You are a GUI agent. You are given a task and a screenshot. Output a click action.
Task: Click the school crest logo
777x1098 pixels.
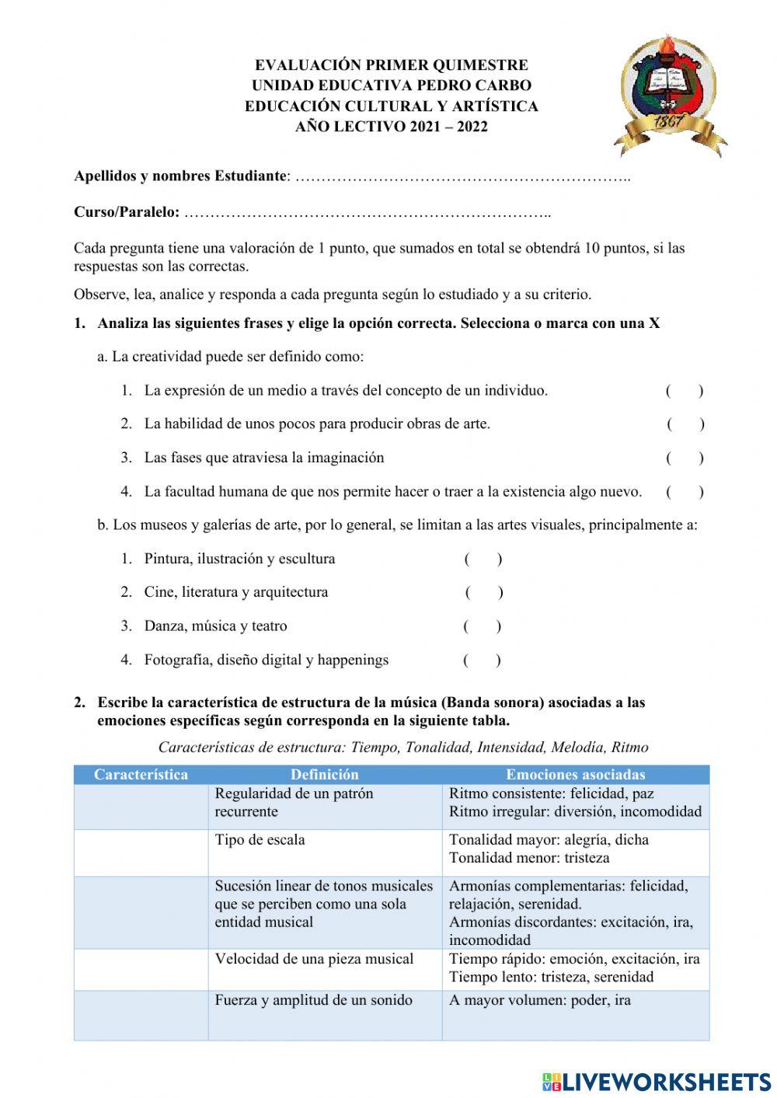tap(670, 95)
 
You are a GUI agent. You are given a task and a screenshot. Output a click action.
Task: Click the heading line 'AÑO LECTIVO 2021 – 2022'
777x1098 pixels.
tap(392, 127)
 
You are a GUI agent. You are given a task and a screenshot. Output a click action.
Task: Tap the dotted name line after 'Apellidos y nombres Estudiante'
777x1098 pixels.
tap(463, 176)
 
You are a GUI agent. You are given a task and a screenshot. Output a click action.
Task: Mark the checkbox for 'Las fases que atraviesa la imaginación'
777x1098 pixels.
tap(685, 458)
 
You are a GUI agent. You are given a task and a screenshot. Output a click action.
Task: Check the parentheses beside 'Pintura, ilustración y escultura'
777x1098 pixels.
tap(483, 559)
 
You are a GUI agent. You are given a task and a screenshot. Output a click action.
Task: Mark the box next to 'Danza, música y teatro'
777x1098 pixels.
tap(483, 626)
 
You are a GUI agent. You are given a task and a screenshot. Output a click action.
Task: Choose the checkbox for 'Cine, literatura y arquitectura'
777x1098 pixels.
tap(484, 593)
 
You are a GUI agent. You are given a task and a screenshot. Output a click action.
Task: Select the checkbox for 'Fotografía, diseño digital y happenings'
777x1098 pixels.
tap(483, 661)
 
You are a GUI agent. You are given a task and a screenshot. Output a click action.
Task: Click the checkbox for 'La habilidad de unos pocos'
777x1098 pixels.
tap(685, 424)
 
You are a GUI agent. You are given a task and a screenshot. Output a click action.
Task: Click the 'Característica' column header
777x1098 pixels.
tap(141, 775)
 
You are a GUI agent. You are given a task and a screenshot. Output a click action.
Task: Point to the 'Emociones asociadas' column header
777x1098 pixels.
tap(575, 775)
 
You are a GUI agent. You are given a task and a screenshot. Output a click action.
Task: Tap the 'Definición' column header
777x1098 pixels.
tap(325, 775)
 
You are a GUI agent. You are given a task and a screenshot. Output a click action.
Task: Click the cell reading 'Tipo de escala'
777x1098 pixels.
tap(260, 840)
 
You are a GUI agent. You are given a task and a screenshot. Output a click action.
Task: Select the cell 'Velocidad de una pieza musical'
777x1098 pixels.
tap(314, 959)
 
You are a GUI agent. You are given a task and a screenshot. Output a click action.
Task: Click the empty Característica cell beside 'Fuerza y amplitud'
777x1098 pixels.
tap(141, 1015)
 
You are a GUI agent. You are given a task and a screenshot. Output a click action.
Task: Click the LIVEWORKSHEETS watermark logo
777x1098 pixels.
tap(657, 1081)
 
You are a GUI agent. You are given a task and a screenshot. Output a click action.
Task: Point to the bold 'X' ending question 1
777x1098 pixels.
tap(654, 323)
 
